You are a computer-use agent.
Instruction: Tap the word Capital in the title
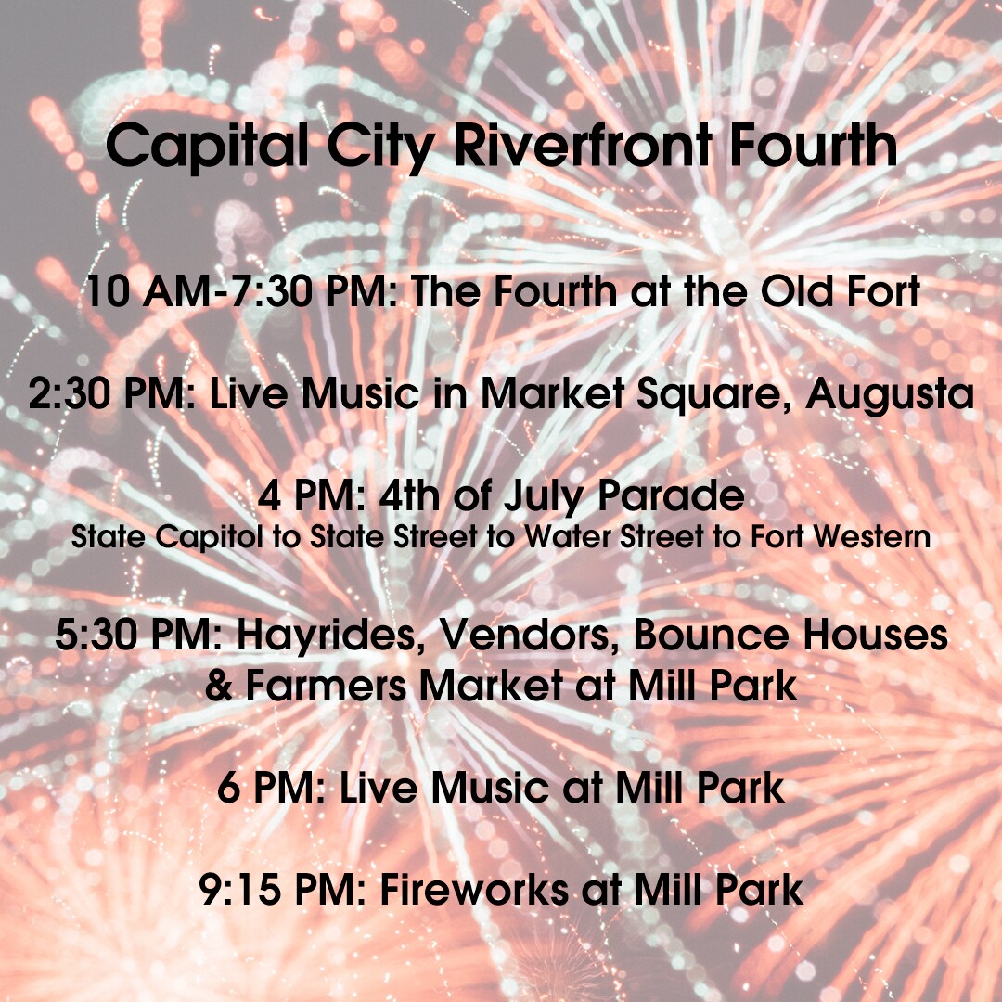point(206,147)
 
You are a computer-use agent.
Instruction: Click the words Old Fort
point(840,290)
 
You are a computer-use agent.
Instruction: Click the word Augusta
point(890,394)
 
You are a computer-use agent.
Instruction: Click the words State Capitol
point(167,538)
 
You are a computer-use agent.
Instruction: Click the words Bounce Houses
point(790,635)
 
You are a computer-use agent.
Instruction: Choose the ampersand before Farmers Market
point(219,686)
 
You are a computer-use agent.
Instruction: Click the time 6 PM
point(272,788)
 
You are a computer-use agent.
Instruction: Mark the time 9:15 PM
point(282,890)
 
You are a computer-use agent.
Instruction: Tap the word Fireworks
point(474,890)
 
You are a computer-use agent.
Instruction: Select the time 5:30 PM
point(138,635)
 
